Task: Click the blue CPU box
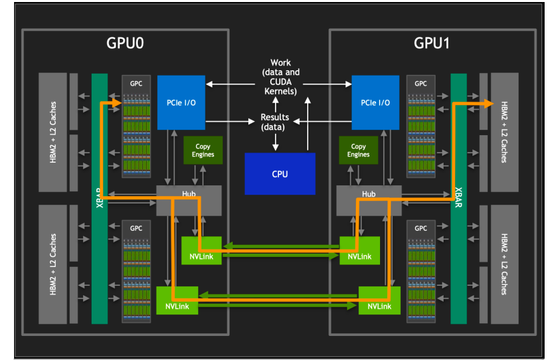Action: pyautogui.click(x=280, y=174)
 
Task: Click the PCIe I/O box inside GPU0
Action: pyautogui.click(x=181, y=102)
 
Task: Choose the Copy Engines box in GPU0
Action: pyautogui.click(x=204, y=151)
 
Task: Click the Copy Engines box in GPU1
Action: pyautogui.click(x=359, y=151)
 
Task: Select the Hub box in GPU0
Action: pyautogui.click(x=189, y=195)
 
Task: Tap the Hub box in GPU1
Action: pyautogui.click(x=369, y=195)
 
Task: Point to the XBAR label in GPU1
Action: pyautogui.click(x=458, y=198)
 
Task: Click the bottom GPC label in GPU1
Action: pyautogui.click(x=421, y=228)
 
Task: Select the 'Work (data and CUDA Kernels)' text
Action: pyautogui.click(x=281, y=76)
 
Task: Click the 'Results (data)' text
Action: pyautogui.click(x=274, y=122)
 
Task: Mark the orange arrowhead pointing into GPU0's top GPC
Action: pyautogui.click(x=117, y=103)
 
